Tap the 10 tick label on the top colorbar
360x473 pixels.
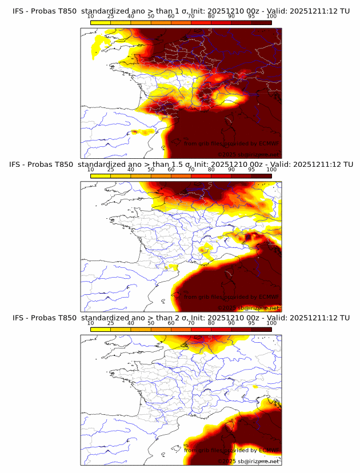tap(90, 17)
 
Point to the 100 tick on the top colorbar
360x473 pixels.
tap(271, 17)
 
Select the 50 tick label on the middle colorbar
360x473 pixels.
tap(151, 170)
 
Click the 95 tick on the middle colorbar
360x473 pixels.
tap(251, 170)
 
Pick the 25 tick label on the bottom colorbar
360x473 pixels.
tap(111, 323)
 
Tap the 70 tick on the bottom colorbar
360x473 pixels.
tap(191, 323)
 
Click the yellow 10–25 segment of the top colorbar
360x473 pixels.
tap(101, 22)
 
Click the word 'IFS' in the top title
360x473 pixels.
tap(19, 11)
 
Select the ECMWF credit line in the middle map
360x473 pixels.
tap(231, 296)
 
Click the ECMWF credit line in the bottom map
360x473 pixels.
tap(231, 450)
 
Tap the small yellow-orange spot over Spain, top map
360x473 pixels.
tap(135, 132)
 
